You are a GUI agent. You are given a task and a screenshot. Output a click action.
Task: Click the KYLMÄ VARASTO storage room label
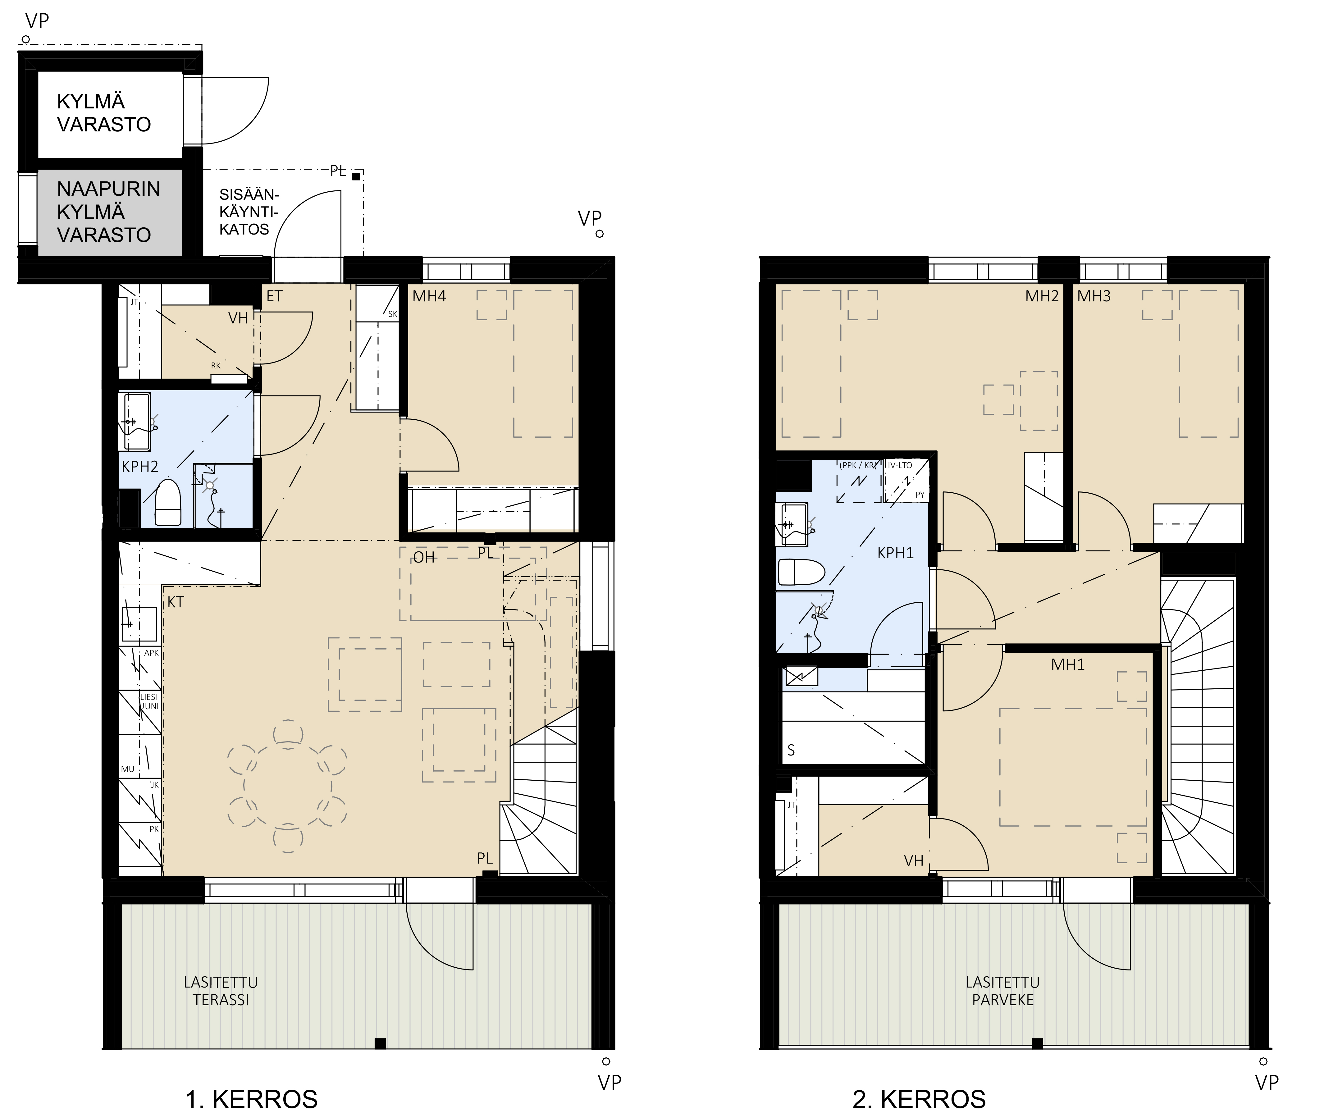(104, 113)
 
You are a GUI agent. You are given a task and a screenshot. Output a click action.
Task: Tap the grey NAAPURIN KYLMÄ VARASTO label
(108, 212)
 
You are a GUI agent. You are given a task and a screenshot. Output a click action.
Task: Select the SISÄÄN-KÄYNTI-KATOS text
(249, 212)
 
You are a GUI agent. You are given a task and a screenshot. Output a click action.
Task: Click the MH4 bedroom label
(429, 296)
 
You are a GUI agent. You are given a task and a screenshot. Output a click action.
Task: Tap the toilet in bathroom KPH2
(168, 502)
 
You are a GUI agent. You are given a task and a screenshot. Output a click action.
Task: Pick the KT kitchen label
(176, 602)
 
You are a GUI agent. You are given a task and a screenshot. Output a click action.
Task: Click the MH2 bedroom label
(1042, 296)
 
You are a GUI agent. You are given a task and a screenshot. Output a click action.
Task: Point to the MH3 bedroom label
(1094, 296)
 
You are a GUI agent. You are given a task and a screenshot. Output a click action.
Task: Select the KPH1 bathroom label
(896, 553)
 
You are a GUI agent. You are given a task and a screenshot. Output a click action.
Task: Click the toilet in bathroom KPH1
(801, 572)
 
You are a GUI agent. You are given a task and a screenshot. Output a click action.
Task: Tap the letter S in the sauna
(791, 751)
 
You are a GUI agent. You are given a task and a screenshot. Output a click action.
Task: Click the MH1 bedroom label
(1068, 664)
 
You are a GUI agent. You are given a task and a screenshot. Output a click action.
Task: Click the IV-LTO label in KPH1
(900, 465)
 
